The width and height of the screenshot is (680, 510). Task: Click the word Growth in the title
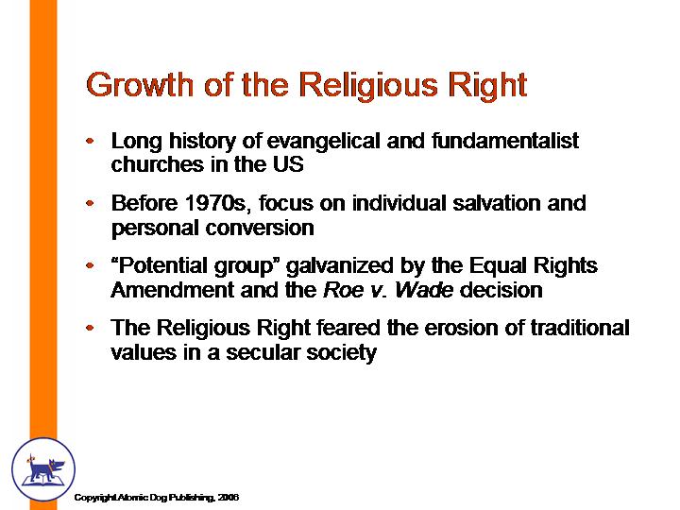click(x=140, y=85)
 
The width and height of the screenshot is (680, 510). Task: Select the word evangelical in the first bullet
click(x=324, y=141)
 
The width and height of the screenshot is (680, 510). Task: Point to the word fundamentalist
click(x=505, y=140)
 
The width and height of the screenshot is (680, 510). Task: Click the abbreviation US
click(x=288, y=164)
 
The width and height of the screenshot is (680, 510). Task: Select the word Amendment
click(x=173, y=289)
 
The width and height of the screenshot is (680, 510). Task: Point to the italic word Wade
click(x=424, y=289)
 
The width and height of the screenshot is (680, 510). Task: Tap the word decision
click(x=501, y=289)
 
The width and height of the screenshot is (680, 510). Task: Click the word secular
click(x=263, y=351)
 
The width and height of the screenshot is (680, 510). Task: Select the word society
click(x=341, y=352)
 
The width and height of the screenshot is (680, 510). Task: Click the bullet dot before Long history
click(x=90, y=141)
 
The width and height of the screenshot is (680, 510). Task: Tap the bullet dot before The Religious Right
click(x=90, y=328)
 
